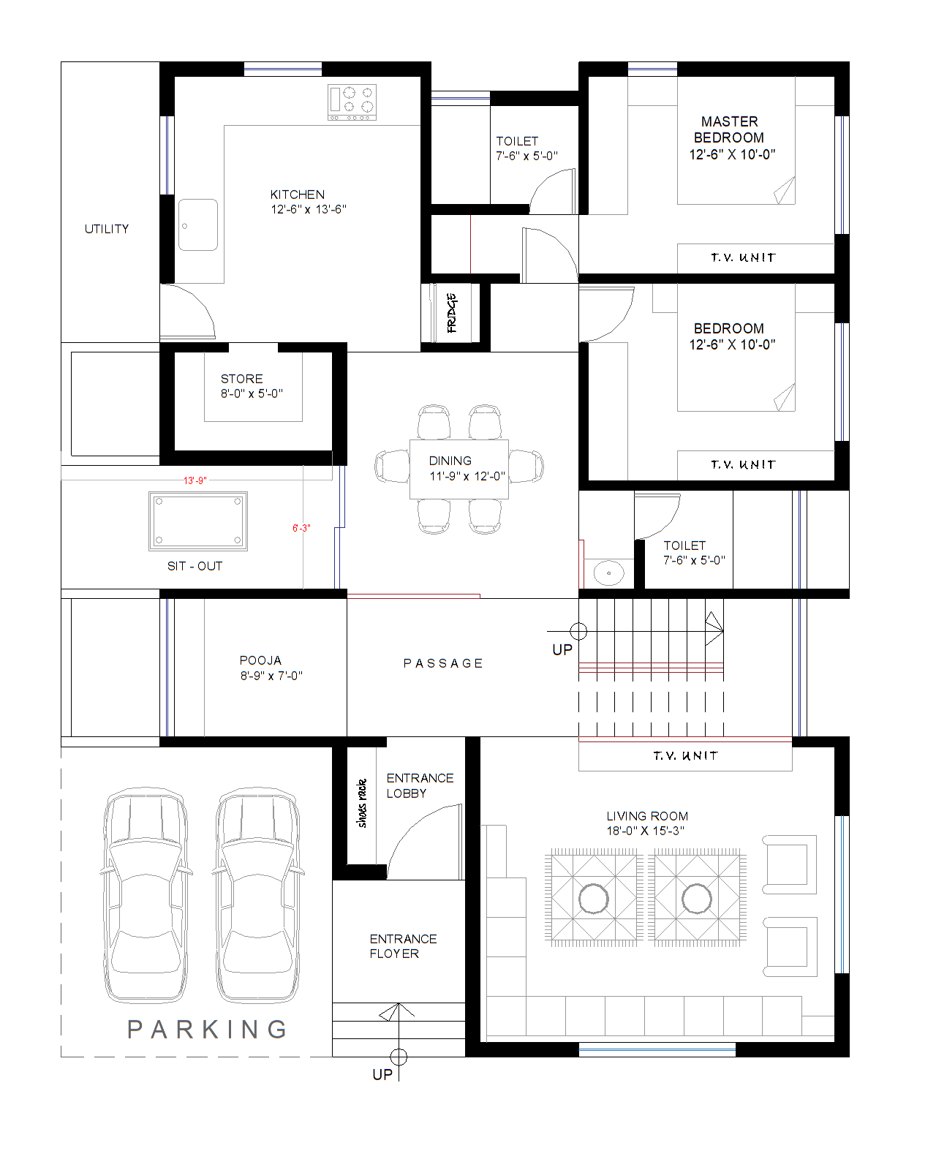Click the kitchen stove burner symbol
click(352, 102)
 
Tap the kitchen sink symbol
click(197, 224)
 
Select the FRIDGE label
click(452, 313)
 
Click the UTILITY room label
click(107, 229)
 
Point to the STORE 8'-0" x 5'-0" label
click(251, 386)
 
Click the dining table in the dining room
click(458, 469)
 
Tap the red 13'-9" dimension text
click(195, 480)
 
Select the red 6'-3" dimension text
click(301, 528)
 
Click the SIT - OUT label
click(195, 566)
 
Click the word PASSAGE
click(443, 663)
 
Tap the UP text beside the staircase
click(562, 650)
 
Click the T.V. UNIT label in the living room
click(685, 755)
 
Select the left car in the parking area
click(145, 896)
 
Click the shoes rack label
click(361, 803)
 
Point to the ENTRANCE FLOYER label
click(402, 946)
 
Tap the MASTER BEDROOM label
click(731, 137)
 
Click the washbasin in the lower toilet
click(608, 573)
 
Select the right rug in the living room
click(697, 898)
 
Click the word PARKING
click(208, 1030)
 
